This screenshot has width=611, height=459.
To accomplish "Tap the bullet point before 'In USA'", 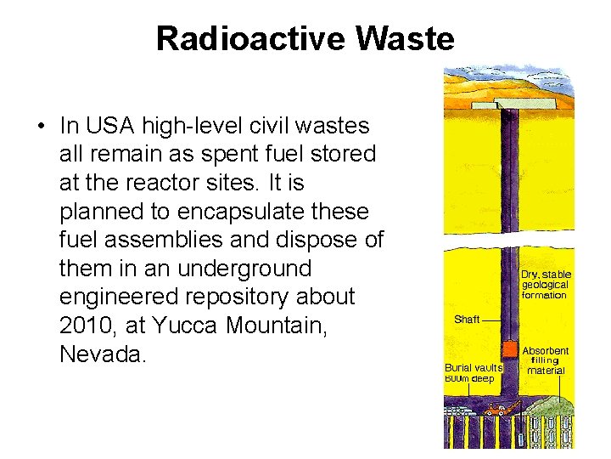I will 40,127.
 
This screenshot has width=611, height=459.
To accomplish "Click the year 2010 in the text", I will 87,326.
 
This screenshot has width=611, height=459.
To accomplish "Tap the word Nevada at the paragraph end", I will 103,354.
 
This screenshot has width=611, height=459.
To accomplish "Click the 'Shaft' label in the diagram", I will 467,320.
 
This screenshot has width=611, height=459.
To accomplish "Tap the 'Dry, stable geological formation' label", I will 546,285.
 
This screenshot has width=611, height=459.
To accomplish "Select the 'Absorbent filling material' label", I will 546,360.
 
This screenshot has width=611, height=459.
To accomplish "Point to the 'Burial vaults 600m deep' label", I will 474,373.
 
